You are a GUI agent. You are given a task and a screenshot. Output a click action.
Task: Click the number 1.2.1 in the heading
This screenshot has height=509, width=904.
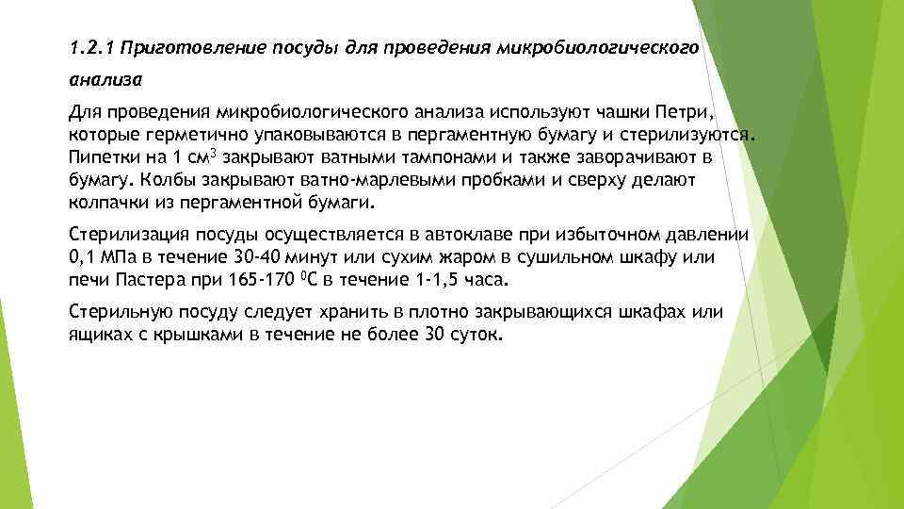[x=92, y=46]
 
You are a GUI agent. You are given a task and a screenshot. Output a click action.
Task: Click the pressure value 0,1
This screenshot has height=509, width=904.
[x=82, y=257]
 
